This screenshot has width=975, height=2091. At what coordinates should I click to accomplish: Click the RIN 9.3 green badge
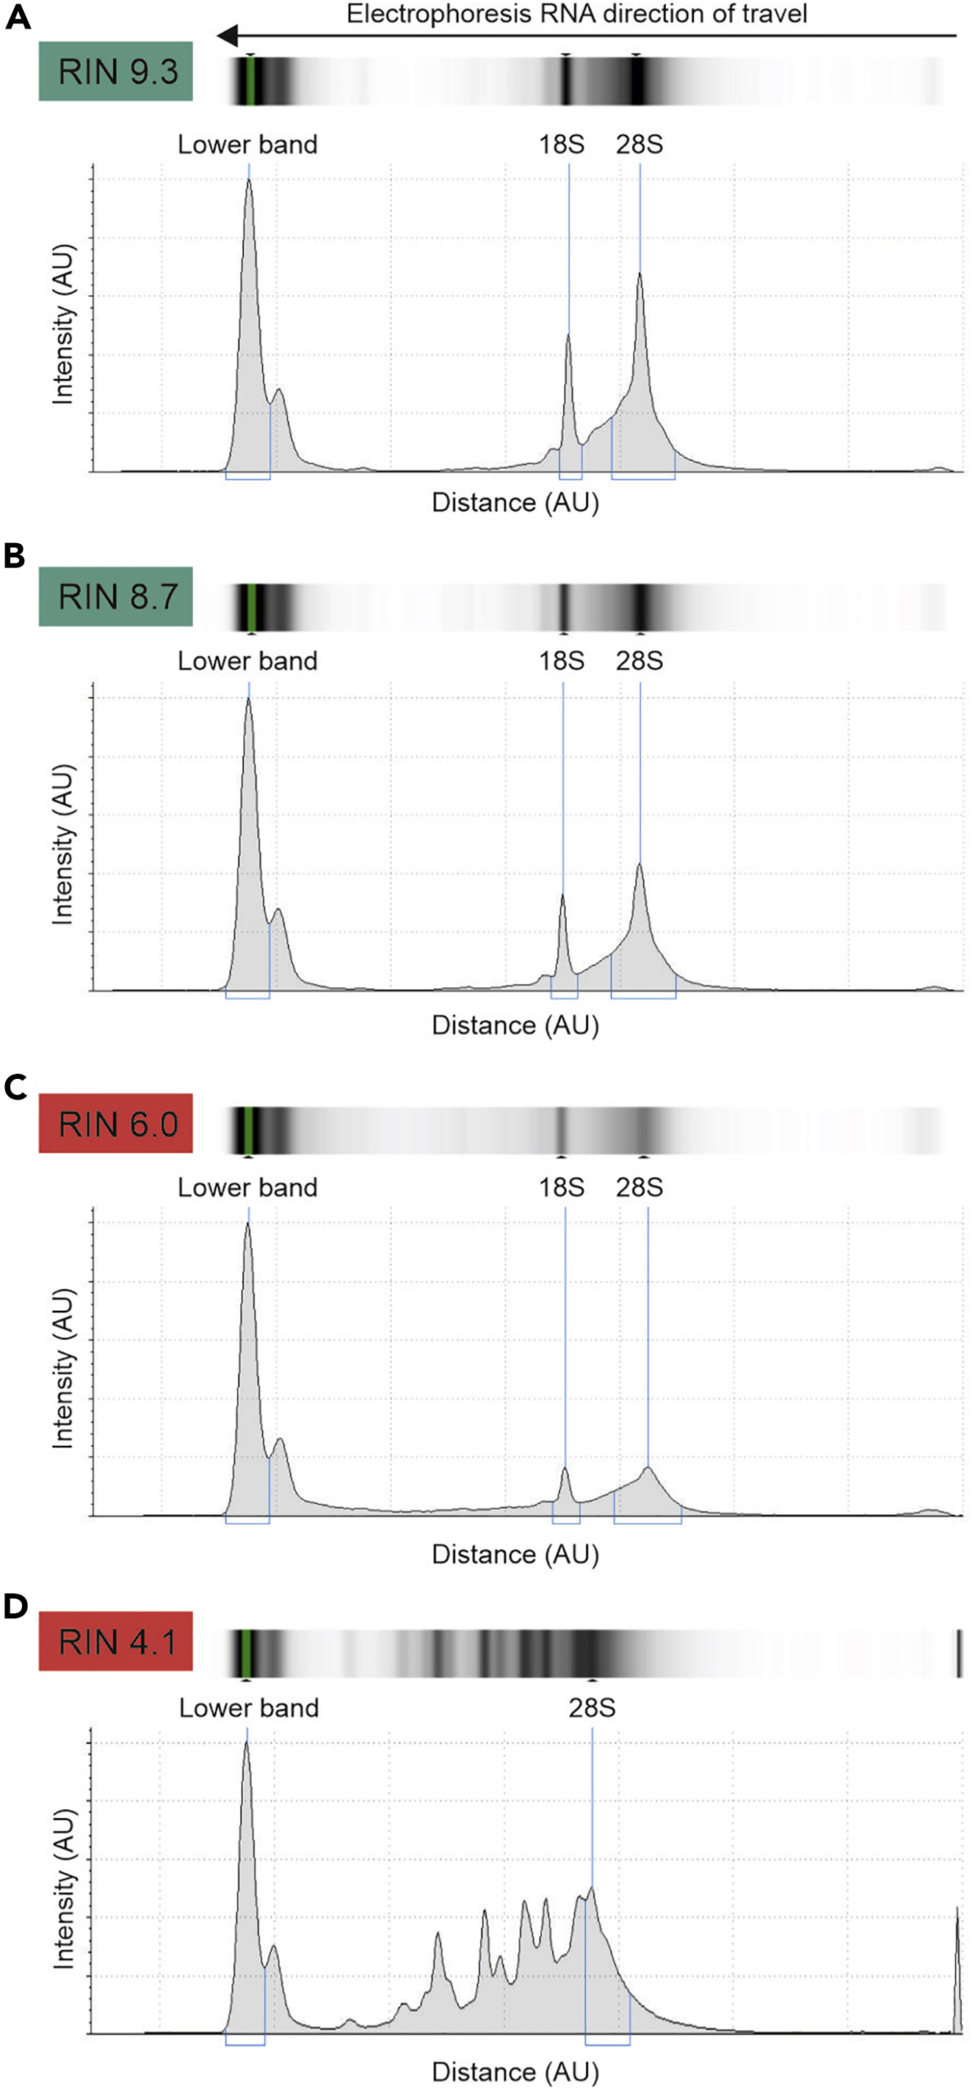pyautogui.click(x=115, y=71)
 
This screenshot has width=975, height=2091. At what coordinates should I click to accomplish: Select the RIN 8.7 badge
pyautogui.click(x=115, y=597)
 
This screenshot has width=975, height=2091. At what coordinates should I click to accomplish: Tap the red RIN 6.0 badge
pyautogui.click(x=115, y=1124)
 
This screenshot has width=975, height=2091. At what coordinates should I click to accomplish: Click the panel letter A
pyautogui.click(x=17, y=17)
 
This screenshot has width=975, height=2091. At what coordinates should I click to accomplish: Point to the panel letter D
pyautogui.click(x=15, y=1607)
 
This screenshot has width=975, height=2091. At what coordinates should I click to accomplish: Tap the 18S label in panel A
pyautogui.click(x=561, y=145)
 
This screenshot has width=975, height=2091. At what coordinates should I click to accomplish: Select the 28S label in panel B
pyautogui.click(x=639, y=661)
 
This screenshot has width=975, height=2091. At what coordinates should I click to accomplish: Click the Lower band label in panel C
pyautogui.click(x=247, y=1188)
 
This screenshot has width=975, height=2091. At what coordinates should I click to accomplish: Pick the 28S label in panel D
pyautogui.click(x=591, y=1709)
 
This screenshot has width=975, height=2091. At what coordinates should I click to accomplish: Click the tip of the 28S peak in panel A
pyautogui.click(x=639, y=274)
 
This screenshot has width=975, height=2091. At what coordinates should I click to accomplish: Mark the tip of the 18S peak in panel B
pyautogui.click(x=562, y=895)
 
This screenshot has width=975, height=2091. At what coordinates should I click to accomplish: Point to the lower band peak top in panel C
pyautogui.click(x=247, y=1224)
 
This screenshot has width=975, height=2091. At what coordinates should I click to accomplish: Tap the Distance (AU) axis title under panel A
pyautogui.click(x=515, y=503)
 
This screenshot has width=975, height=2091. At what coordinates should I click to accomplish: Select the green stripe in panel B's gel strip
pyautogui.click(x=252, y=606)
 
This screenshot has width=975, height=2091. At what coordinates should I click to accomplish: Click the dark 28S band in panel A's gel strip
pyautogui.click(x=637, y=80)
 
